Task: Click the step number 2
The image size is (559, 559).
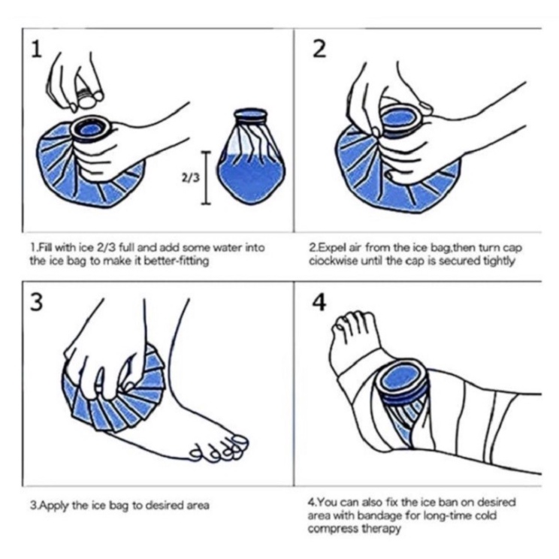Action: (320, 49)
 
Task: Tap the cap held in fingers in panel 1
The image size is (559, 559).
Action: (89, 96)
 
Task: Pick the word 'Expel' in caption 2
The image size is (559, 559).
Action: (329, 247)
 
